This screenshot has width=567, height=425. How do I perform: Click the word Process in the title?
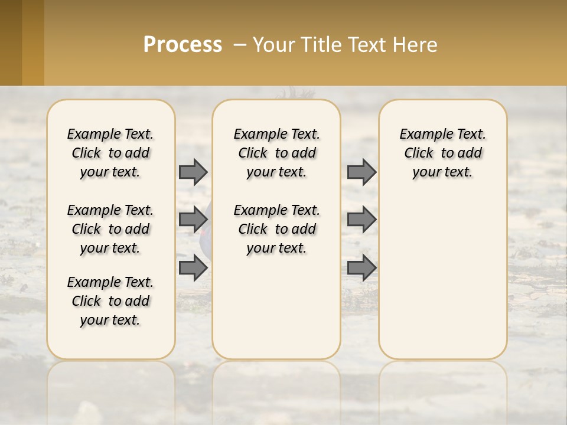(183, 45)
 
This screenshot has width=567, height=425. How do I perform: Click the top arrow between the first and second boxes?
(193, 172)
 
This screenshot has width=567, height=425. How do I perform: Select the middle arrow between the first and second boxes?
(193, 220)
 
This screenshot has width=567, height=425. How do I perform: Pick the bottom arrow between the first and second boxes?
(193, 267)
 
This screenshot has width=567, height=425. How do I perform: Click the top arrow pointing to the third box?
(361, 172)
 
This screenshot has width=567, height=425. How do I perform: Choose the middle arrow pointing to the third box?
(361, 220)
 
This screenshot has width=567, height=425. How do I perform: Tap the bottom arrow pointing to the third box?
(361, 267)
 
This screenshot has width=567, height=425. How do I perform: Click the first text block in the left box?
(110, 153)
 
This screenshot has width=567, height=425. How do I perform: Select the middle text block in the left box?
(110, 229)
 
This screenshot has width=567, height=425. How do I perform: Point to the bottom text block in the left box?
(110, 301)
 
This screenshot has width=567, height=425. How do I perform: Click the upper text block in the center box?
(276, 153)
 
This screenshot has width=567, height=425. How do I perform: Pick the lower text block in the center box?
(276, 229)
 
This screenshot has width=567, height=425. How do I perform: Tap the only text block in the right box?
(443, 153)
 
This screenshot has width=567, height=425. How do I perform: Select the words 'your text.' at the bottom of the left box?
(110, 320)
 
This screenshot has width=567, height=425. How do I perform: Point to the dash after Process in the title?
(239, 45)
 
